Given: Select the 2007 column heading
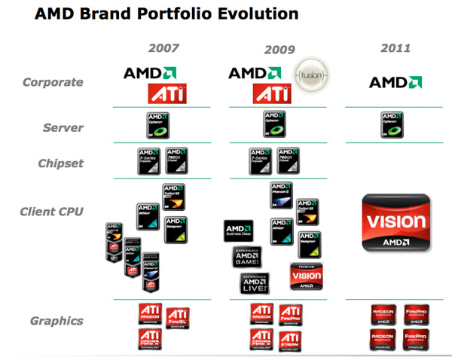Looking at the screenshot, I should pos(163,49).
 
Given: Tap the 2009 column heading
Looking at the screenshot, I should pos(279,50).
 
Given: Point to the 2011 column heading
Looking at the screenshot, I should pos(395,49).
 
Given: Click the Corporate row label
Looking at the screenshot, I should pos(52,82).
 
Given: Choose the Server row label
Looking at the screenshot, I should pos(63,128).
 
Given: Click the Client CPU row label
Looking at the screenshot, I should pos(53,212).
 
